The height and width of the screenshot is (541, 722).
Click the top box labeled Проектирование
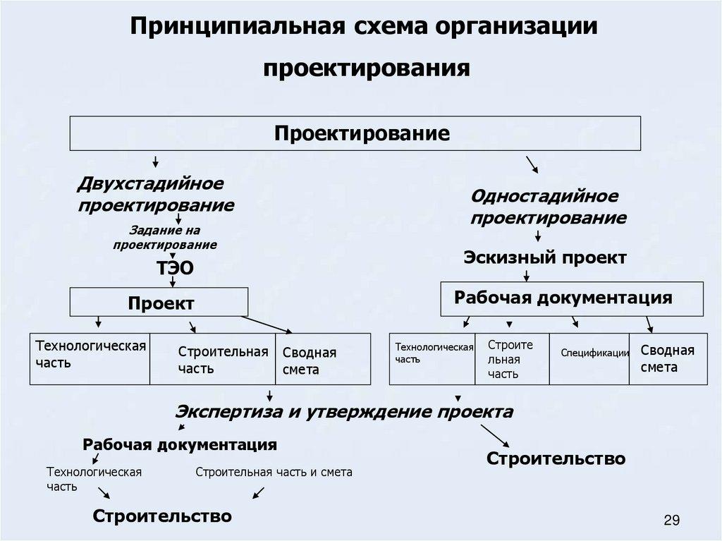click(x=354, y=133)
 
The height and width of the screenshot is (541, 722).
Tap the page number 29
click(x=671, y=521)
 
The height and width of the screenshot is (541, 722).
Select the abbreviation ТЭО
click(x=173, y=268)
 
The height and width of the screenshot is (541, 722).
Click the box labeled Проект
click(x=159, y=303)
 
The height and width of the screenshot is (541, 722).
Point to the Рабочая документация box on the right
click(x=572, y=298)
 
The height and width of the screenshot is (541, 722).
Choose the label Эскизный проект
click(x=544, y=257)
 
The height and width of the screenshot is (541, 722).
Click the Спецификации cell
click(x=589, y=353)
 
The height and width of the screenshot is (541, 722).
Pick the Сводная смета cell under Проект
click(x=322, y=360)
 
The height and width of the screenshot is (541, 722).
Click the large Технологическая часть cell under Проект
click(x=90, y=353)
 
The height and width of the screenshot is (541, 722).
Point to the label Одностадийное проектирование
click(x=548, y=207)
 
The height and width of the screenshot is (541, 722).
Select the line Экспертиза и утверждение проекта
click(x=344, y=411)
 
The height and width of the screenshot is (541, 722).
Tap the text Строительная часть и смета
click(x=274, y=472)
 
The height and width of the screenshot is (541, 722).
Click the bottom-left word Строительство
click(x=162, y=516)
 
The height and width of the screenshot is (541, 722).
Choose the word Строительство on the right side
click(x=556, y=458)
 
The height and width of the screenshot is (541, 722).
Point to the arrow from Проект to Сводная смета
click(x=269, y=324)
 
